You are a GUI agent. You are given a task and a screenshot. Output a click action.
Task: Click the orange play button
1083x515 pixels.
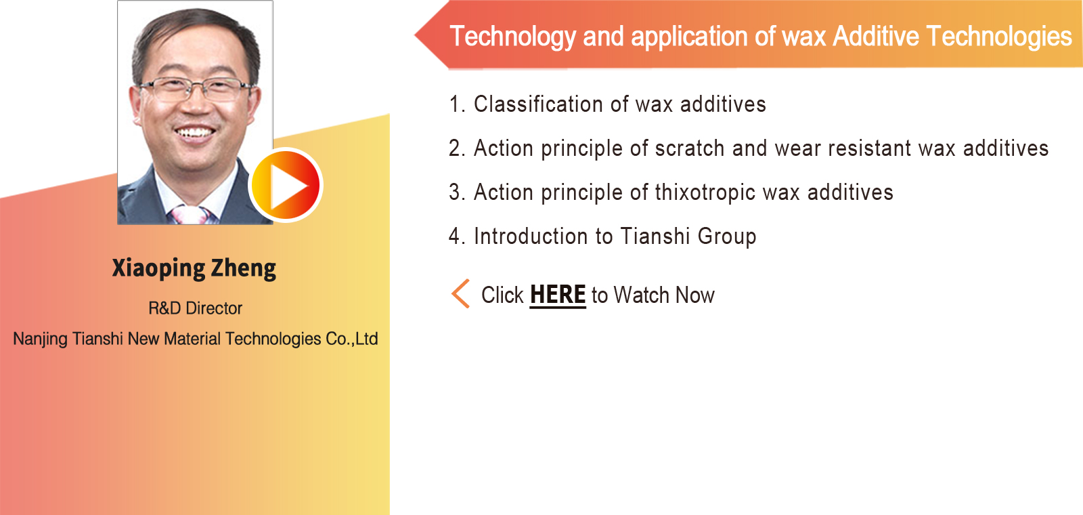(x=286, y=186)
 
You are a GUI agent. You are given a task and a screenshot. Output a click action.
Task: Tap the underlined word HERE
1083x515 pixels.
(x=558, y=295)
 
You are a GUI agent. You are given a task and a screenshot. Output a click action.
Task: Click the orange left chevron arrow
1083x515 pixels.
(x=460, y=293)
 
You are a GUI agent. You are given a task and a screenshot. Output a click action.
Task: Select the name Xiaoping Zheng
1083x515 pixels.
(x=194, y=268)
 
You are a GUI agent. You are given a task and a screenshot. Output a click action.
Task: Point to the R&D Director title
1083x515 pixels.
(x=195, y=308)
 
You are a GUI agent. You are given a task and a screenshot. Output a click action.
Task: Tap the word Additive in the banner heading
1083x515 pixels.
(x=876, y=37)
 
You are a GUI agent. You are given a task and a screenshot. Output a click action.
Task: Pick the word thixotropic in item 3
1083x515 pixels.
(x=705, y=192)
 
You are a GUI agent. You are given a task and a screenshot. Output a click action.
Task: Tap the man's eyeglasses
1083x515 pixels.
(x=196, y=89)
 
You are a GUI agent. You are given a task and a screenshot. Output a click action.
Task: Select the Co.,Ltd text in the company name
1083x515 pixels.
(x=352, y=339)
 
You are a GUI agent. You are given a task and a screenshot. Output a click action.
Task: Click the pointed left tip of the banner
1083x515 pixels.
(x=415, y=35)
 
